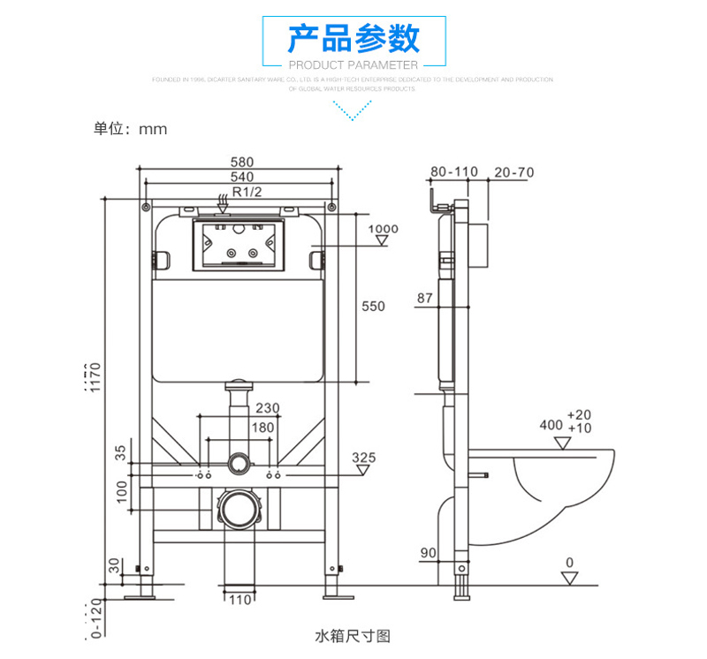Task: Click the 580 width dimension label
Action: (x=242, y=163)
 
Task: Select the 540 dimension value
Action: (x=242, y=177)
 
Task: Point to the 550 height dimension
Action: (x=374, y=307)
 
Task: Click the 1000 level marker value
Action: (x=383, y=230)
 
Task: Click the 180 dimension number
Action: (x=264, y=428)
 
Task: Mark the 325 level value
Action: (x=364, y=458)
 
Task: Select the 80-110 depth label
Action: (x=452, y=171)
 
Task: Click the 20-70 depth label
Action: (x=513, y=171)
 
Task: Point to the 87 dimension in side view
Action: (x=425, y=299)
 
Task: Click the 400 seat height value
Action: (x=551, y=425)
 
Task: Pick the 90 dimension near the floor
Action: (x=429, y=553)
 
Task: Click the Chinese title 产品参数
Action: (x=354, y=39)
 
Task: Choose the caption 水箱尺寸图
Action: (x=353, y=635)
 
